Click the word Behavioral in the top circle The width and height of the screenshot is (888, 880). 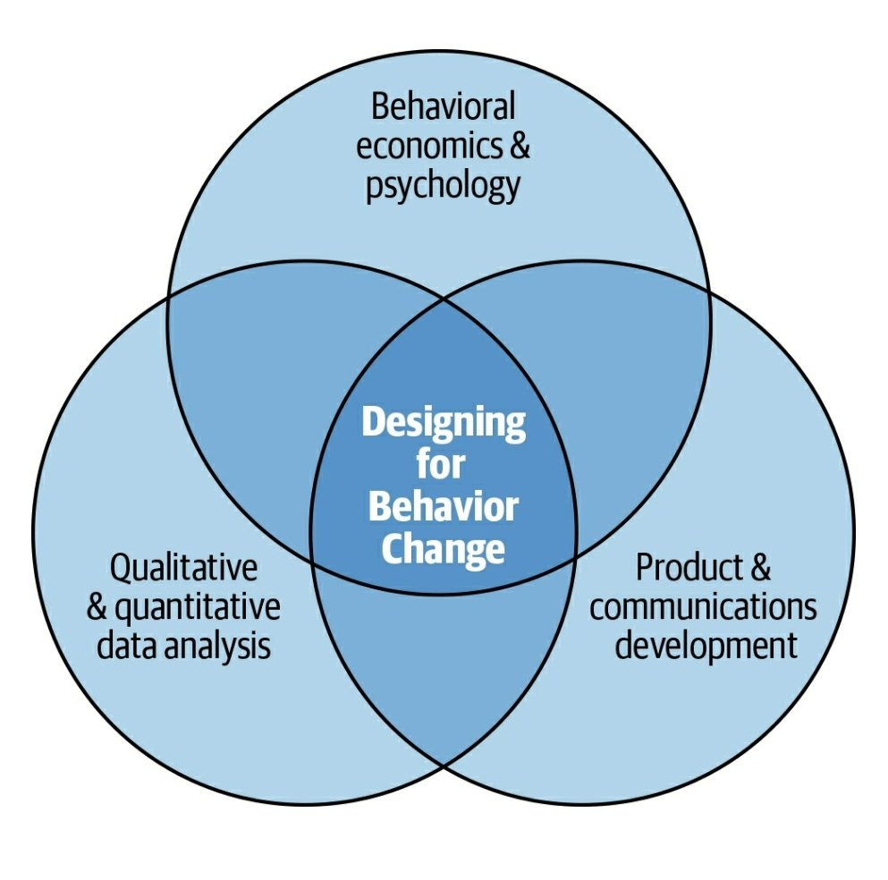[443, 106]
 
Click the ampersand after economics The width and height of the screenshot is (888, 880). [519, 146]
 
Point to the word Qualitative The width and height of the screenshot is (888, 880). [183, 568]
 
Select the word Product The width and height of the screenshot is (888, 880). [683, 568]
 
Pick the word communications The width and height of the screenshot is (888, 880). [703, 607]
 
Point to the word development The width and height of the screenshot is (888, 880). [706, 646]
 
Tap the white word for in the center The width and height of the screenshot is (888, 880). [442, 465]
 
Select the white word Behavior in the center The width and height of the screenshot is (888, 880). [443, 507]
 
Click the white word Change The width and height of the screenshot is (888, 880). [443, 549]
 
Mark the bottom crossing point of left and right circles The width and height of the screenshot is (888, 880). [444, 766]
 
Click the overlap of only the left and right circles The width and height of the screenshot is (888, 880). [444, 662]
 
